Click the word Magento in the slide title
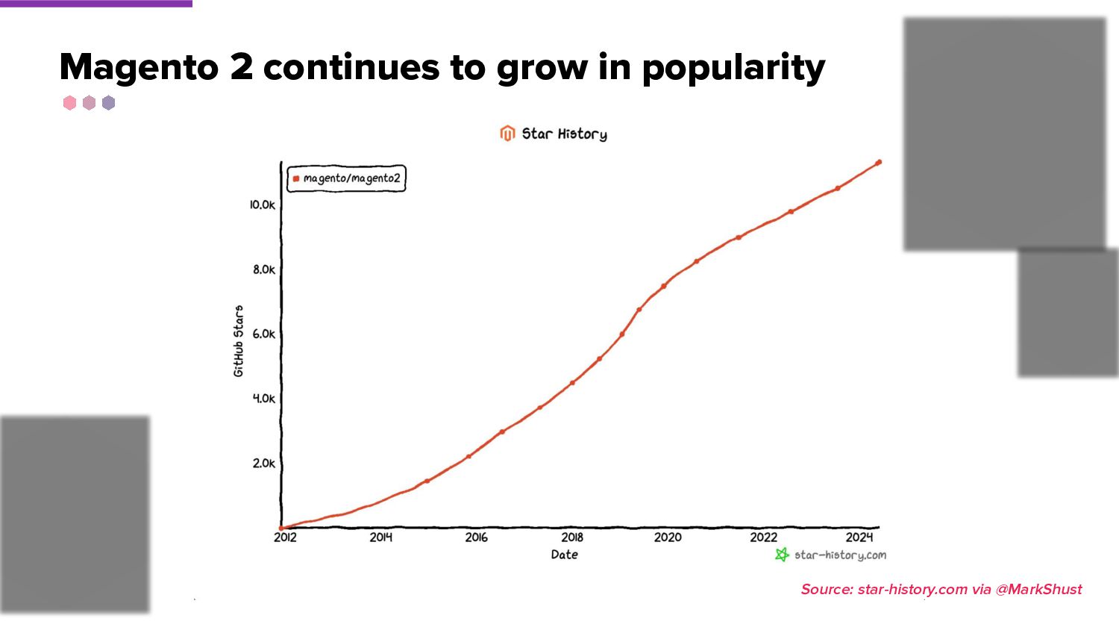pos(139,68)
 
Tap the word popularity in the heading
pos(733,68)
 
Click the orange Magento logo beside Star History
pos(507,134)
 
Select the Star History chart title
pos(564,134)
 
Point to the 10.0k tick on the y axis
pos(263,205)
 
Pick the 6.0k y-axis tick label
pos(263,334)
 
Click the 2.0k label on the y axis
pos(263,463)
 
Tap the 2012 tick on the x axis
pos(285,537)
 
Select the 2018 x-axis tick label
pos(572,537)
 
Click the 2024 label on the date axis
pos(859,537)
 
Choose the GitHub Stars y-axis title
pos(239,340)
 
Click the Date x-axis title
pos(564,555)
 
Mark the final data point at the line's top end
pos(879,162)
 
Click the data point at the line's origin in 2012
pos(281,528)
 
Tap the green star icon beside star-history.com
pos(782,555)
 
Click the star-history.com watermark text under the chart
pos(840,555)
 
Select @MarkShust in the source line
pos(1038,590)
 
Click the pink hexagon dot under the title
pos(70,103)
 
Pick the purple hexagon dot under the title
pos(109,103)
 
